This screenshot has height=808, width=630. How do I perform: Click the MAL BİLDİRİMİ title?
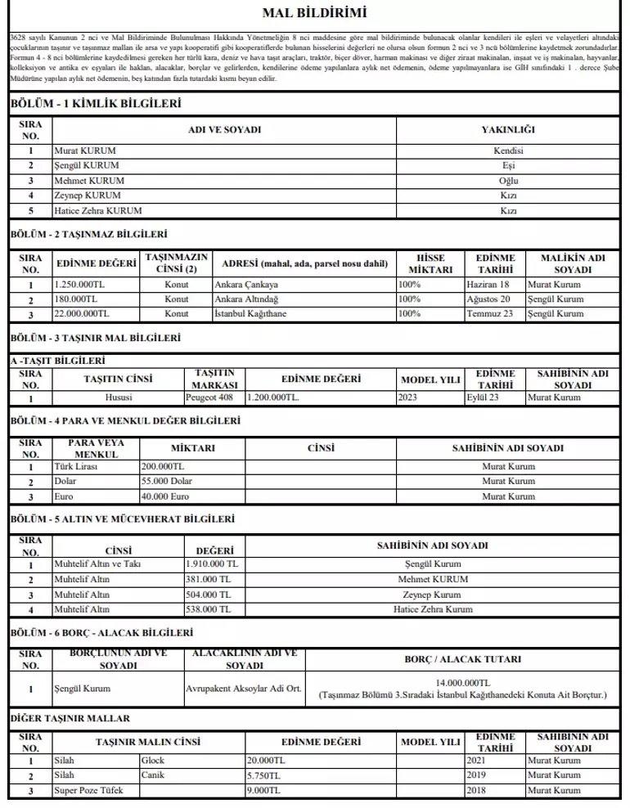click(315, 13)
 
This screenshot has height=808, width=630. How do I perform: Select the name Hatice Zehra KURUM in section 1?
click(92, 210)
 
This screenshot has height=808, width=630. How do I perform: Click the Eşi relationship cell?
click(508, 166)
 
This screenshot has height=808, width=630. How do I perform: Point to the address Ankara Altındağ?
click(246, 299)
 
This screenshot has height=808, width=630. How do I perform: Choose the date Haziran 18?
click(488, 285)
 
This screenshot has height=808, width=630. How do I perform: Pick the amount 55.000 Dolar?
click(167, 482)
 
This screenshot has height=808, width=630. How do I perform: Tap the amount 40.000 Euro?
click(165, 496)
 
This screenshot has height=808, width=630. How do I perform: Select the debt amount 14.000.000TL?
click(462, 682)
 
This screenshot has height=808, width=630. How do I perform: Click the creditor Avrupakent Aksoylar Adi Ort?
click(243, 689)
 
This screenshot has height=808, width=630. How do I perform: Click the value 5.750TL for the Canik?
click(263, 775)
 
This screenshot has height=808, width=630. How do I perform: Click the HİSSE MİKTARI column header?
click(430, 263)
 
